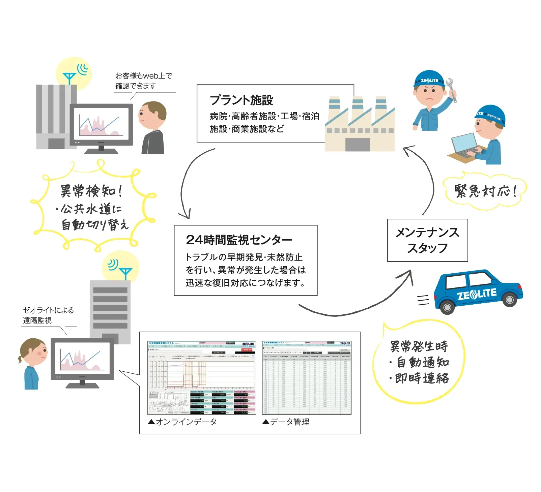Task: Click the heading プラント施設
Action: pos(241,100)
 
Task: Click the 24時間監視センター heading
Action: pos(239,240)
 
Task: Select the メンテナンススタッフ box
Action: pos(427,240)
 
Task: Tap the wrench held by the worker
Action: pos(451,89)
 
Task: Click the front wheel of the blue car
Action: pos(447,307)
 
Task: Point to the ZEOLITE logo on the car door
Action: pos(477,294)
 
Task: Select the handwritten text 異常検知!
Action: pos(91,191)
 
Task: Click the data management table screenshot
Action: pos(307,377)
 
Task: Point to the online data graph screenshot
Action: pos(202,377)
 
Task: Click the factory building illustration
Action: pos(360,125)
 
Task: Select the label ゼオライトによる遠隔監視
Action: pos(48,315)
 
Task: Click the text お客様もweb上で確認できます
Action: pos(143,81)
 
